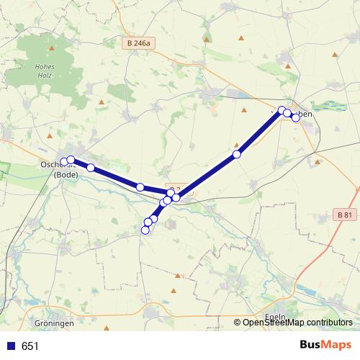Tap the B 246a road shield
[x=138, y=44]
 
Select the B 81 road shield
[x=345, y=215]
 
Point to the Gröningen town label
[x=54, y=323]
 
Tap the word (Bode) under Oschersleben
[x=66, y=174]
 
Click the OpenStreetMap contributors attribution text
[x=297, y=323]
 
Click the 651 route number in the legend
[x=30, y=346]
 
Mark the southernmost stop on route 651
[x=145, y=230]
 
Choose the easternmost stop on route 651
[x=295, y=117]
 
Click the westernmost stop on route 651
[x=64, y=162]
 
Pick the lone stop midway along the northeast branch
[x=236, y=154]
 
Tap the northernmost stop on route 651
[x=282, y=110]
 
